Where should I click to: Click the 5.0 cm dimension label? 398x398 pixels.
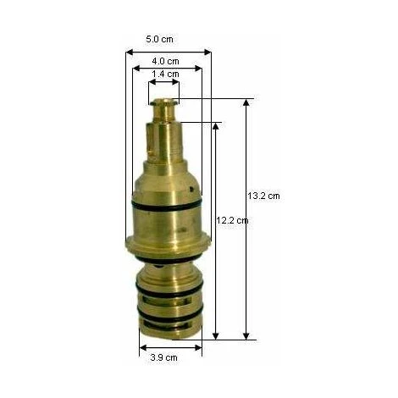[x=159, y=39]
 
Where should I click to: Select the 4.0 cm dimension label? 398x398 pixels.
[x=165, y=61]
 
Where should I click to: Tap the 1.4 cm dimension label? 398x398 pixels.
[x=165, y=74]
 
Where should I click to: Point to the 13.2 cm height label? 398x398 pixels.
[x=264, y=196]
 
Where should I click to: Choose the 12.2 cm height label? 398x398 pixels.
[x=232, y=220]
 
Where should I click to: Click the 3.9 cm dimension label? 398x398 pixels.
[x=163, y=357]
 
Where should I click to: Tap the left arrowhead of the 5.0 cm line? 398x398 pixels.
[x=130, y=53]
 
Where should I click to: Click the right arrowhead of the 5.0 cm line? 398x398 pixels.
[x=207, y=53]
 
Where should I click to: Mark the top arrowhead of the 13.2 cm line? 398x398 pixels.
[x=246, y=102]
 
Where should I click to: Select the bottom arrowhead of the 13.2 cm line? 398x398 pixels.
[x=246, y=336]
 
